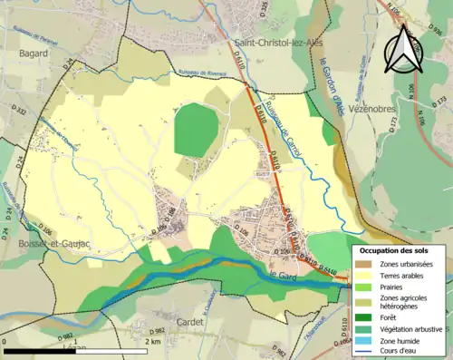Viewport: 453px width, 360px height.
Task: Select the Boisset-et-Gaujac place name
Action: coord(45,245)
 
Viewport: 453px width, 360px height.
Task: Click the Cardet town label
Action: coord(190,321)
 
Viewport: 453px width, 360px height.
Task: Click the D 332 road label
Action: coord(16,112)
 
